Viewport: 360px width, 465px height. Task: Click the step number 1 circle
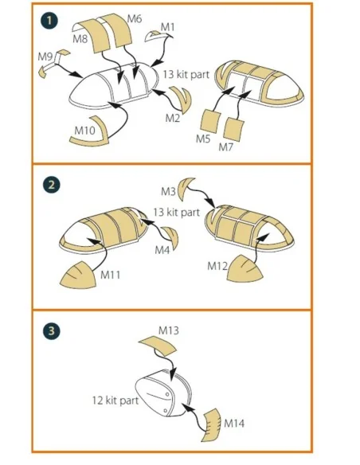tap(49, 21)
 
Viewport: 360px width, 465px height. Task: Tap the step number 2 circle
tap(51, 185)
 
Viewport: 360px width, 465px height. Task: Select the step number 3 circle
tap(51, 330)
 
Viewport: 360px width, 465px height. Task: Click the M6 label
tap(135, 19)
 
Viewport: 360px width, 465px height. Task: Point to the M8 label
tap(80, 38)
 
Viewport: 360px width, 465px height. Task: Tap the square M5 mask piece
tap(210, 121)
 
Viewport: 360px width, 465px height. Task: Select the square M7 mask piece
tap(233, 129)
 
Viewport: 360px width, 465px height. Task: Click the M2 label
tap(173, 118)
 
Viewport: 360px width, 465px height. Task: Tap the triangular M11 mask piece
tap(79, 276)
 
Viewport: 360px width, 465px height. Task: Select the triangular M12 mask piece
tap(245, 269)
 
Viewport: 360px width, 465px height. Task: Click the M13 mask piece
tap(158, 346)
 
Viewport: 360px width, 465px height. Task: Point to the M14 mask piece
tap(212, 424)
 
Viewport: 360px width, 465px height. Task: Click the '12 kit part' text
tap(115, 401)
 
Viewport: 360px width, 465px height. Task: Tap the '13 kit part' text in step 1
tap(186, 74)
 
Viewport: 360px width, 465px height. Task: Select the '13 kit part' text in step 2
tap(176, 213)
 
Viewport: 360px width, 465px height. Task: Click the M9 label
tap(45, 56)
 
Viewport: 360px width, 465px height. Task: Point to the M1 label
tap(168, 27)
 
